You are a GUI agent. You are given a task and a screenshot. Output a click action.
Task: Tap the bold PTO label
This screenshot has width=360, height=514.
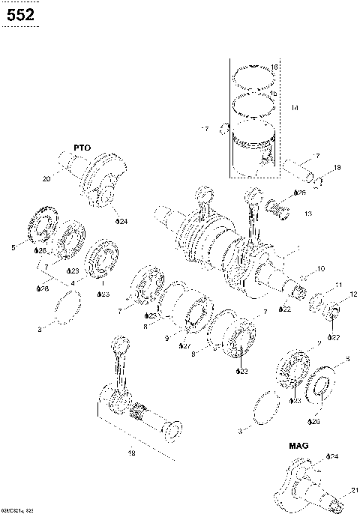point(82,148)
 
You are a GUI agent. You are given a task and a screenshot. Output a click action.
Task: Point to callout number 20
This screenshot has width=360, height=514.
point(46,179)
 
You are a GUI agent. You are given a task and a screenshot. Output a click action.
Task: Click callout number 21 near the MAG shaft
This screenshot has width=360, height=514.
point(353,491)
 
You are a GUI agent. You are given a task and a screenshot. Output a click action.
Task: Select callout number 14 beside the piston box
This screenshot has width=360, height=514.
point(295,109)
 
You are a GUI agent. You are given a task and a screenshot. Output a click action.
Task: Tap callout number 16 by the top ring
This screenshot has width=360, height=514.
point(274,67)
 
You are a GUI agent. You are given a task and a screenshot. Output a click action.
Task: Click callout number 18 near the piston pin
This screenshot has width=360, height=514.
point(337,167)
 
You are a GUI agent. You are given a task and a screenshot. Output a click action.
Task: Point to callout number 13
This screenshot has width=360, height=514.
point(309,214)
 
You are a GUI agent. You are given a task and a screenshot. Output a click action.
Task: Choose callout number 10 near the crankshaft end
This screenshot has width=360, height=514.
point(320,268)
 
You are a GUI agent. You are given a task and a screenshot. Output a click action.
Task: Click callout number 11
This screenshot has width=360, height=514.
point(338,285)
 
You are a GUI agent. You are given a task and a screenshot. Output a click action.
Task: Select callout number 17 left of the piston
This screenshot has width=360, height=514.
point(205,130)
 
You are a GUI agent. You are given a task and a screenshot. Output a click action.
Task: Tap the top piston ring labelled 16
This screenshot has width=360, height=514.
point(253,75)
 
